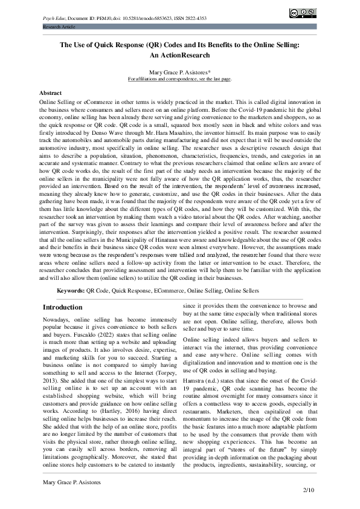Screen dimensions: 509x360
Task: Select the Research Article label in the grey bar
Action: point(59,27)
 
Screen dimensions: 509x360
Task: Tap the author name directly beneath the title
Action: point(179,72)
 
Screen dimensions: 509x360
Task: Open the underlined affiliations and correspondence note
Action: point(179,79)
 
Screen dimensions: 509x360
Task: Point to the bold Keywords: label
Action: point(71,291)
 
